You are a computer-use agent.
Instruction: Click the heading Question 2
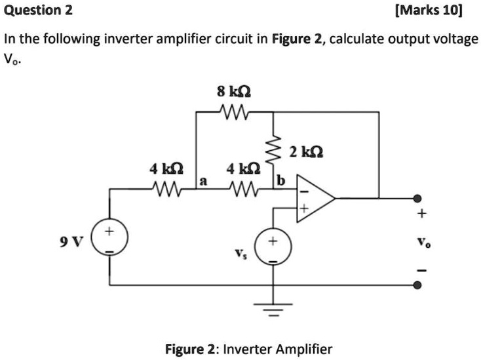point(38,10)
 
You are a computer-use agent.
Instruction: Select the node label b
point(281,180)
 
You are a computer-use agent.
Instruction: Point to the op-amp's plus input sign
point(304,209)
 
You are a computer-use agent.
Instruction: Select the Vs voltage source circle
point(273,247)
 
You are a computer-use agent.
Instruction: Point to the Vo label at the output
point(422,241)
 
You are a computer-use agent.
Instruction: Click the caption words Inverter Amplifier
point(278,349)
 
